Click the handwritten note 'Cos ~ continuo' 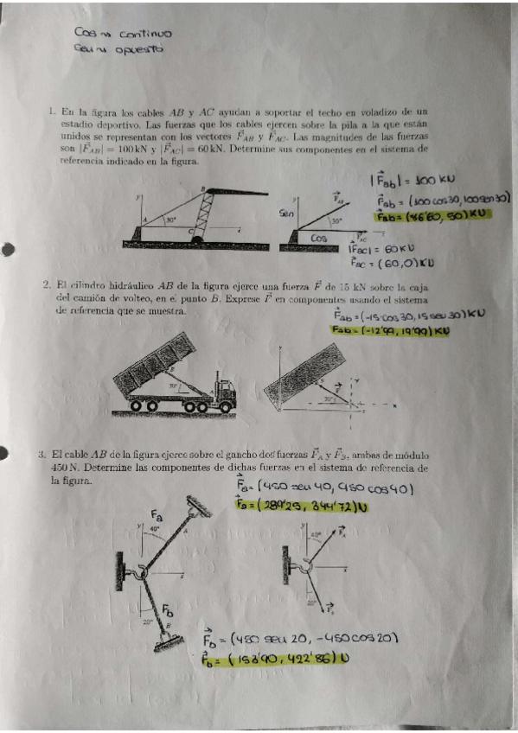(124, 34)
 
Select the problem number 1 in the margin (52, 112)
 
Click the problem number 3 (41, 455)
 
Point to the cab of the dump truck (222, 394)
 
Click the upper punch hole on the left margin (8, 251)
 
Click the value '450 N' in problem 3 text (66, 468)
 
